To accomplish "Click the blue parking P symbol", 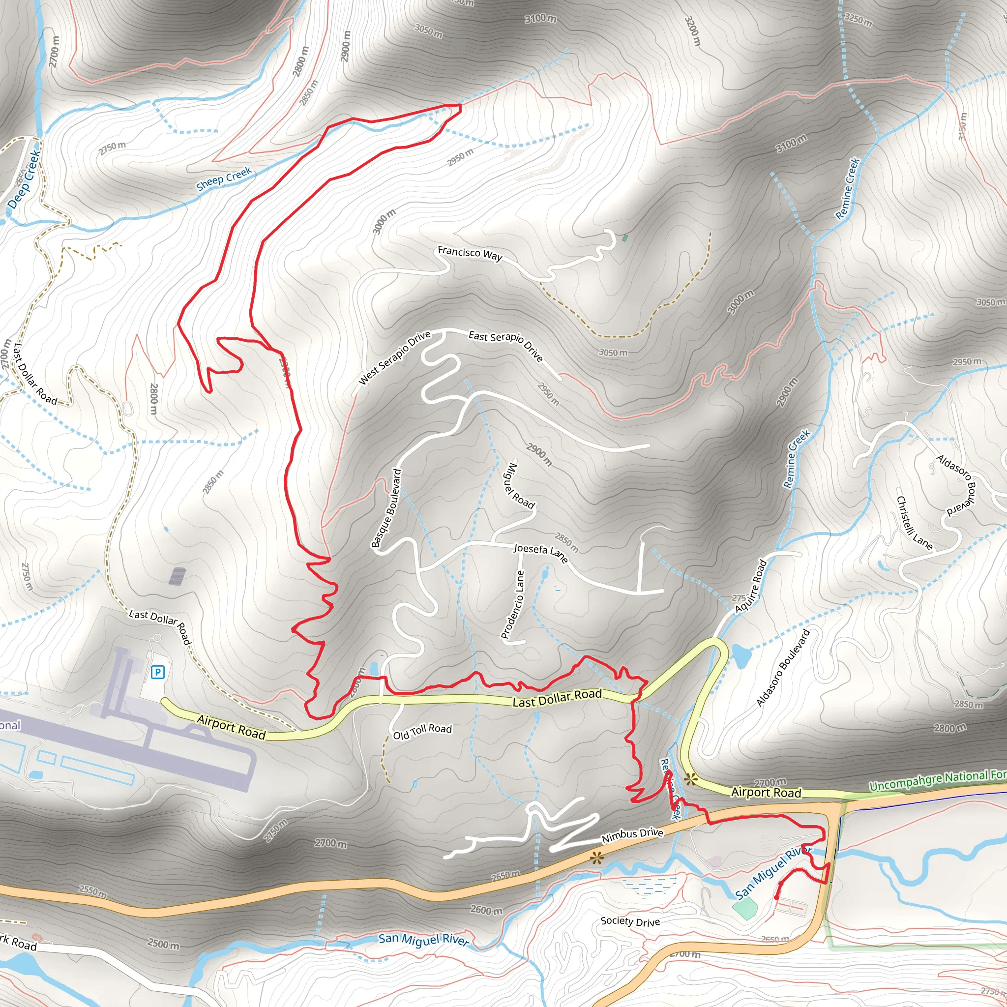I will click(x=157, y=672).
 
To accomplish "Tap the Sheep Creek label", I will click(x=224, y=179).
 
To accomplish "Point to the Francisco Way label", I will click(x=470, y=253).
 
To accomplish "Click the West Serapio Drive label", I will click(x=394, y=357).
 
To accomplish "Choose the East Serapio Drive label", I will click(x=505, y=346).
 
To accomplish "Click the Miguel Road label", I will click(x=518, y=486).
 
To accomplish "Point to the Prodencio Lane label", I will click(x=512, y=605).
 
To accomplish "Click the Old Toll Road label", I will click(x=422, y=731).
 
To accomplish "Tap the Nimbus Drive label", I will click(x=632, y=835).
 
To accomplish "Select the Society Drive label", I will click(x=630, y=921).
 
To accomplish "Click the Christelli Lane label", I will click(x=914, y=523).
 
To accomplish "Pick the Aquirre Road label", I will click(x=751, y=586).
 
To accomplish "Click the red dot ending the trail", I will click(x=776, y=897).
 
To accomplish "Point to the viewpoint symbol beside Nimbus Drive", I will click(x=597, y=857).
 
